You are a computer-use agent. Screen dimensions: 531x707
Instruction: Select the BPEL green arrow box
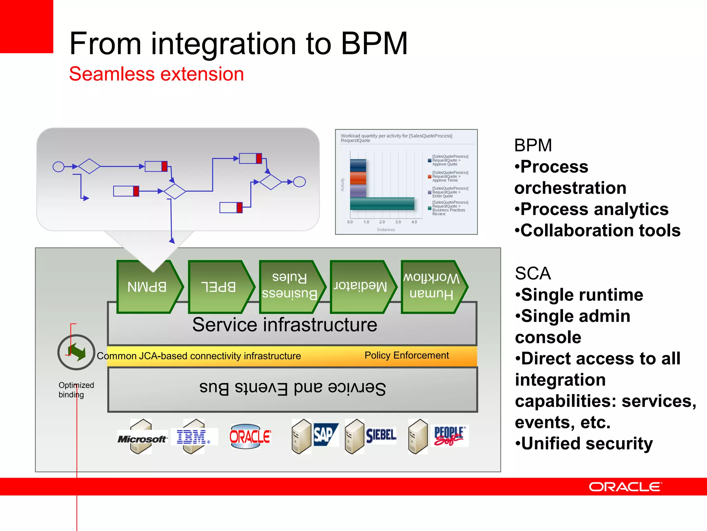coord(220,287)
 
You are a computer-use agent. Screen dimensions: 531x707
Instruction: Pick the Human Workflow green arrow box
coord(432,287)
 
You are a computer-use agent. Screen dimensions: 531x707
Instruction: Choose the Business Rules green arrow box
coord(290,287)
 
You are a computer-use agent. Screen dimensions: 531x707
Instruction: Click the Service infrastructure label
coord(284,325)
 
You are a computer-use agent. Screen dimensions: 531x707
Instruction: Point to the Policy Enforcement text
coord(407,355)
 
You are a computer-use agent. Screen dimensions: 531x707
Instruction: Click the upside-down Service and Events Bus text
coord(292,389)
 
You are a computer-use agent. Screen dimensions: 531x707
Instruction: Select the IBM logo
coord(192,437)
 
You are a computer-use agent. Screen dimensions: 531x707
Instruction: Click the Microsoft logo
coord(142,439)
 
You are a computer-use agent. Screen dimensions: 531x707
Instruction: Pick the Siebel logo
coord(381,435)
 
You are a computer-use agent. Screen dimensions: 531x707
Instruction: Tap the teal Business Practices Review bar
coord(382,204)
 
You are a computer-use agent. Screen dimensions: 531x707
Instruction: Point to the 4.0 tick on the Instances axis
coord(414,222)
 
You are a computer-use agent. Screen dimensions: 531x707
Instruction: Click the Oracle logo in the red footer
coord(625,487)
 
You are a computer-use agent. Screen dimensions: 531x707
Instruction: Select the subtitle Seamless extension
coord(156,74)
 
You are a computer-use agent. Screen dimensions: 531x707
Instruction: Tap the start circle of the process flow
coord(58,167)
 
